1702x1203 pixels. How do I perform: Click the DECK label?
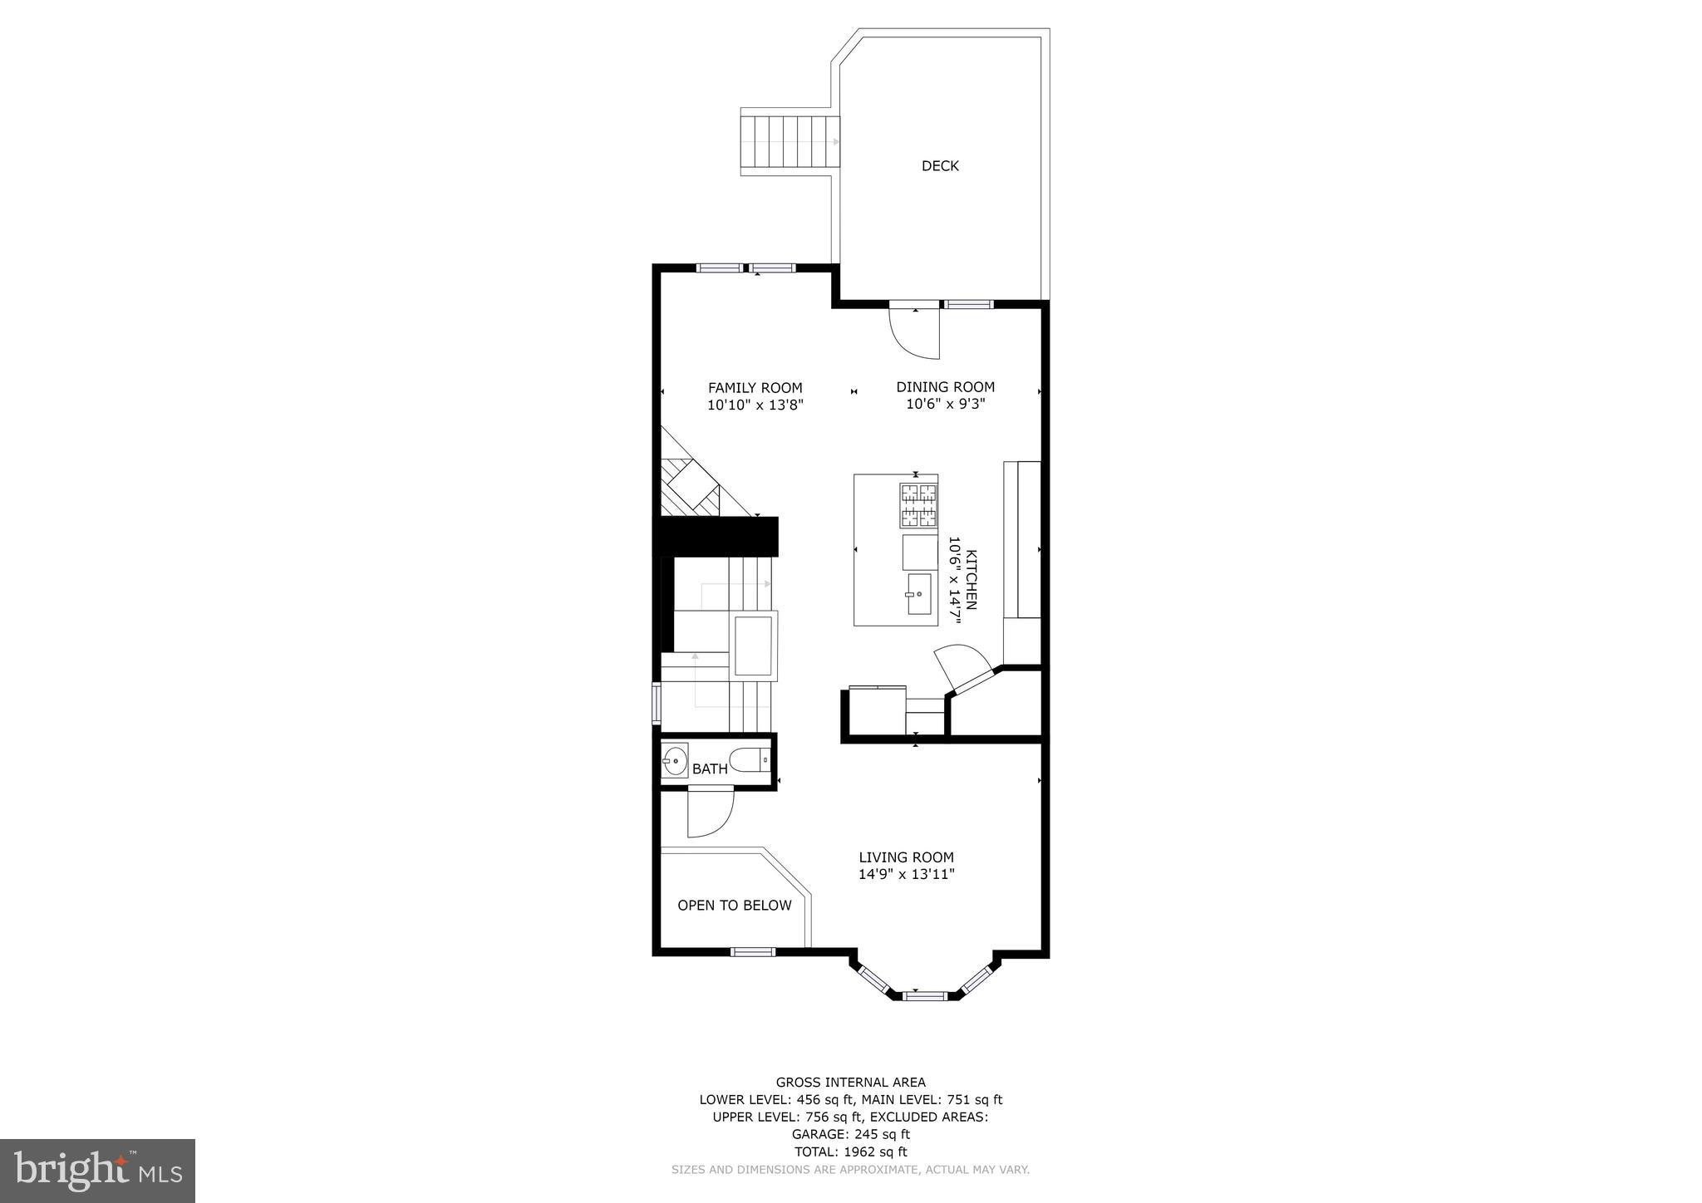click(x=940, y=166)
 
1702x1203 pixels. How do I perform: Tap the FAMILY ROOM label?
click(x=755, y=388)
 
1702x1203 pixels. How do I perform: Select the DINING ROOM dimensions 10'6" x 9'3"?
click(x=946, y=405)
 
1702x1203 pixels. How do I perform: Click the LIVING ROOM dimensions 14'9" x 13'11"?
click(x=906, y=874)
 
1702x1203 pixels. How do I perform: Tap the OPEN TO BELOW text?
click(x=734, y=906)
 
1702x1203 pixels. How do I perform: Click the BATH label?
click(x=710, y=769)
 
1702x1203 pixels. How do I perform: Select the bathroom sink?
click(x=674, y=760)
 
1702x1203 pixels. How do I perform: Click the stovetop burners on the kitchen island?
click(x=918, y=506)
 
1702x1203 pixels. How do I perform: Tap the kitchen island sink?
click(x=918, y=594)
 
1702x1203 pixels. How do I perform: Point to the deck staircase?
click(x=790, y=141)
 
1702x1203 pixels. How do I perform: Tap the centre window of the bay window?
click(x=924, y=994)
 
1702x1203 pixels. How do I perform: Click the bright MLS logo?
click(x=97, y=1171)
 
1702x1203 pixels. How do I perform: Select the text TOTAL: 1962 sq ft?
click(x=850, y=1151)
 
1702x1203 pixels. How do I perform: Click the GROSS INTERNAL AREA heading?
click(x=850, y=1082)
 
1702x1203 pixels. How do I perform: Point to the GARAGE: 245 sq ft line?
click(x=850, y=1134)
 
